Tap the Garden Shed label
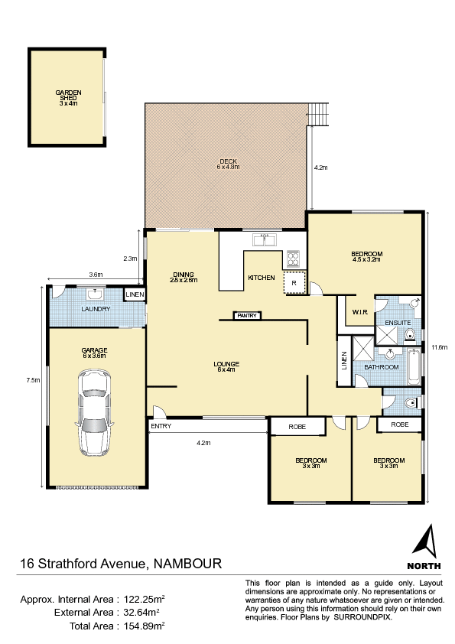pos(68,98)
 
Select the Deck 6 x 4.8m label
pos(228,164)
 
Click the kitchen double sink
pos(265,239)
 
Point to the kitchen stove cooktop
pos(293,259)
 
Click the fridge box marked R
pos(294,282)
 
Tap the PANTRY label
pos(247,315)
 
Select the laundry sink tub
pos(96,294)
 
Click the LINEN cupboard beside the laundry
pos(135,294)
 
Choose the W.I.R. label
pos(359,312)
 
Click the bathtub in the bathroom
pos(414,366)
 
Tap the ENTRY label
pos(161,426)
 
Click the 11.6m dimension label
pos(439,347)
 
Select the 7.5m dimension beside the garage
pos(34,380)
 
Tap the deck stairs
pos(319,115)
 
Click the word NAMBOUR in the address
pos(187,563)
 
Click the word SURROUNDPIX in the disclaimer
pos(362,617)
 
